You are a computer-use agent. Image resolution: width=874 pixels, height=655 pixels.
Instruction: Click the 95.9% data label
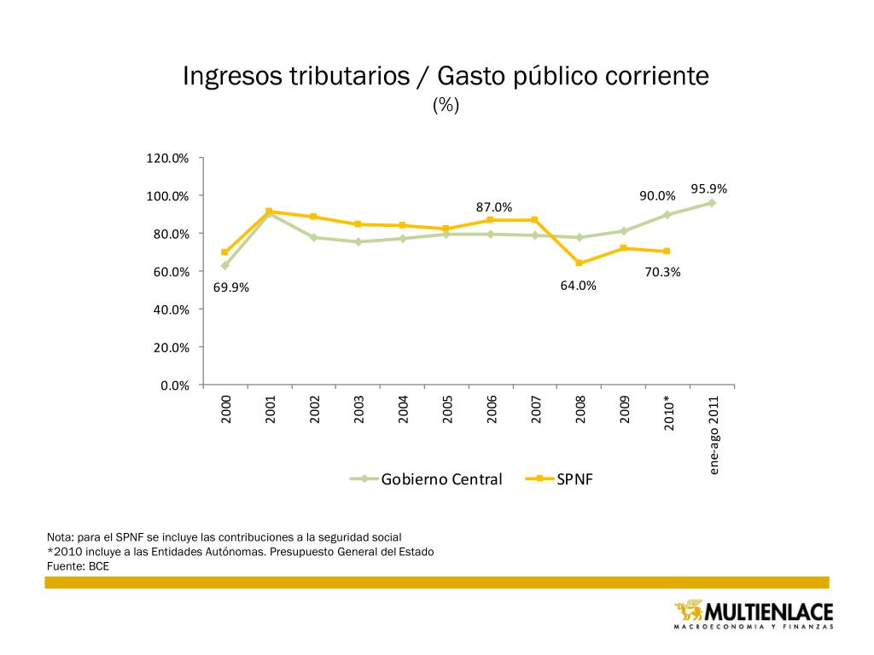709,188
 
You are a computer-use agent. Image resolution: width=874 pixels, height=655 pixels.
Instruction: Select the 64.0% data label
578,286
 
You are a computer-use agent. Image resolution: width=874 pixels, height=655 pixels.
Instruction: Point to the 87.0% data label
494,207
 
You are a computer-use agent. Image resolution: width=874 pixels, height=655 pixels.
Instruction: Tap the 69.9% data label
231,287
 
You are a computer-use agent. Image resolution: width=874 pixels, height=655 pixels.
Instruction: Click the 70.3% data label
662,272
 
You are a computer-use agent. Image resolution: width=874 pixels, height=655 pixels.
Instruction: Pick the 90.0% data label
658,196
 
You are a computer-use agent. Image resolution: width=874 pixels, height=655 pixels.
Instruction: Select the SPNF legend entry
574,478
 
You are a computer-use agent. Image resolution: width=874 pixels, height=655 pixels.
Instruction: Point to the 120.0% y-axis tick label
169,158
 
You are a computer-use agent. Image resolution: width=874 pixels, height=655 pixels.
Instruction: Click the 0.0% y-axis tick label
175,385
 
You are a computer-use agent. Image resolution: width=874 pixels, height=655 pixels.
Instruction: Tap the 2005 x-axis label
447,409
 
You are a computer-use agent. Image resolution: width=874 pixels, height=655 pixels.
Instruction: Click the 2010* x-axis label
670,413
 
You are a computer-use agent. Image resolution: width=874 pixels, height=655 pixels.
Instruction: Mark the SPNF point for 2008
579,263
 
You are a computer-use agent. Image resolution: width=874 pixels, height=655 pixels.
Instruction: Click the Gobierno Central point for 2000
224,265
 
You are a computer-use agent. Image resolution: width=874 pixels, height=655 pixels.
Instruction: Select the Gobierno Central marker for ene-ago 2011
711,203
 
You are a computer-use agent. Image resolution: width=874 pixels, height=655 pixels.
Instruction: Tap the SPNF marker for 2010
667,251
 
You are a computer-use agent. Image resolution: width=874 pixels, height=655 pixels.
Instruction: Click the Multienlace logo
753,613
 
